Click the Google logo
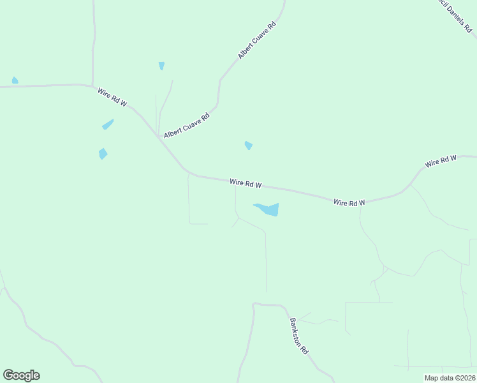point(21,375)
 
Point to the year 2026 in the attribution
point(466,378)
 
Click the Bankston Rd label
point(299,336)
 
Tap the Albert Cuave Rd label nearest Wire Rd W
point(186,126)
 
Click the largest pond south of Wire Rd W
point(268,209)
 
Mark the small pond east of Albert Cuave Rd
point(249,146)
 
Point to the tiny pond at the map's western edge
point(15,80)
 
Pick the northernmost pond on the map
point(161,65)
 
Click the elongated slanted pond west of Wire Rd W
point(108,124)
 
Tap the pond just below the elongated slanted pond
point(103,153)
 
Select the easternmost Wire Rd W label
point(441,161)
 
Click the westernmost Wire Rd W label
point(113,98)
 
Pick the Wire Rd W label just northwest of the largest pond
point(246,183)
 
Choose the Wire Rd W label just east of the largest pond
point(349,202)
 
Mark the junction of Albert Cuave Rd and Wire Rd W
point(158,136)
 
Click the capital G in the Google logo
point(8,375)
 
